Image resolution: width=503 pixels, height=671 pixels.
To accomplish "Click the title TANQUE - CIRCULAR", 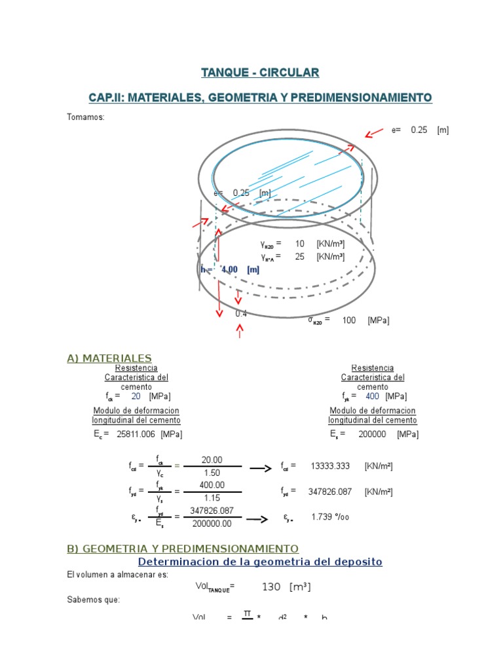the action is click(260, 72).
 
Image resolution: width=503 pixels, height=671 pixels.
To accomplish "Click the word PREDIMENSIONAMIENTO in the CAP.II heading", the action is click(361, 98).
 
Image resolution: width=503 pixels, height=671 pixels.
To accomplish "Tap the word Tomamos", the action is click(85, 117).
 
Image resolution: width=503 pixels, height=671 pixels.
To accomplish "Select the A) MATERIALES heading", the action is click(109, 358).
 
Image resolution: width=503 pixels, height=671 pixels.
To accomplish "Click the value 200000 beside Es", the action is click(372, 434).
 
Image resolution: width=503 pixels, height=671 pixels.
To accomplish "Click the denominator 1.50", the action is click(212, 472).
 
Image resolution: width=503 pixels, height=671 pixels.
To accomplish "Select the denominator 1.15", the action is click(212, 497).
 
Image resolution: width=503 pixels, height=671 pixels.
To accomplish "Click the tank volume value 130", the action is click(271, 587).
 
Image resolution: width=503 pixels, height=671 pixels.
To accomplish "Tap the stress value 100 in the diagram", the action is click(348, 320).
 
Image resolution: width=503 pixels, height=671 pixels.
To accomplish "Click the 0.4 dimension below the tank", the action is click(241, 313).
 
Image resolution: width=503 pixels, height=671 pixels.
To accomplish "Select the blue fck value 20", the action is click(136, 396).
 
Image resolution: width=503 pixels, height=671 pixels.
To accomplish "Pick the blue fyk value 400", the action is click(372, 396).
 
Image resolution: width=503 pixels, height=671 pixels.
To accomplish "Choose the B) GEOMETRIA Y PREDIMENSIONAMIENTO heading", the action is click(183, 548).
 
